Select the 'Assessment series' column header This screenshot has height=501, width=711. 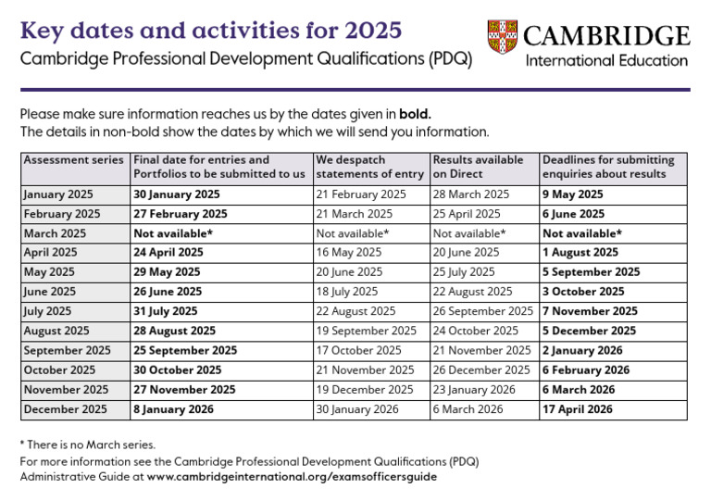click(x=73, y=160)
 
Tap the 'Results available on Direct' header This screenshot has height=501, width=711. click(x=478, y=167)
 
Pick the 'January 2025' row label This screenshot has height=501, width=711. click(x=59, y=194)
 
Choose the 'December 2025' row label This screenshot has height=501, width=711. click(x=65, y=409)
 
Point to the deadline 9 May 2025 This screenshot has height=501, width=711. click(x=572, y=194)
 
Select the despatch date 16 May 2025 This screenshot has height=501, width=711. click(x=349, y=252)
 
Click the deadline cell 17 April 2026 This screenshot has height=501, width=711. click(x=579, y=409)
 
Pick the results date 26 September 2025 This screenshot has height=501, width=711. click(x=483, y=311)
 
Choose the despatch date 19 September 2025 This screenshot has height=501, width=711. click(x=367, y=331)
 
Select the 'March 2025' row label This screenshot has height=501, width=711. click(x=55, y=233)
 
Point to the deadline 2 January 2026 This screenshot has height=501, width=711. click(x=582, y=351)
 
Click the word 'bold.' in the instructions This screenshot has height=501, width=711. click(x=416, y=115)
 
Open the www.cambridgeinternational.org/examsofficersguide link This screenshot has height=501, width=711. click(x=292, y=477)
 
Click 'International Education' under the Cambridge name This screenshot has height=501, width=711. click(x=606, y=61)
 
